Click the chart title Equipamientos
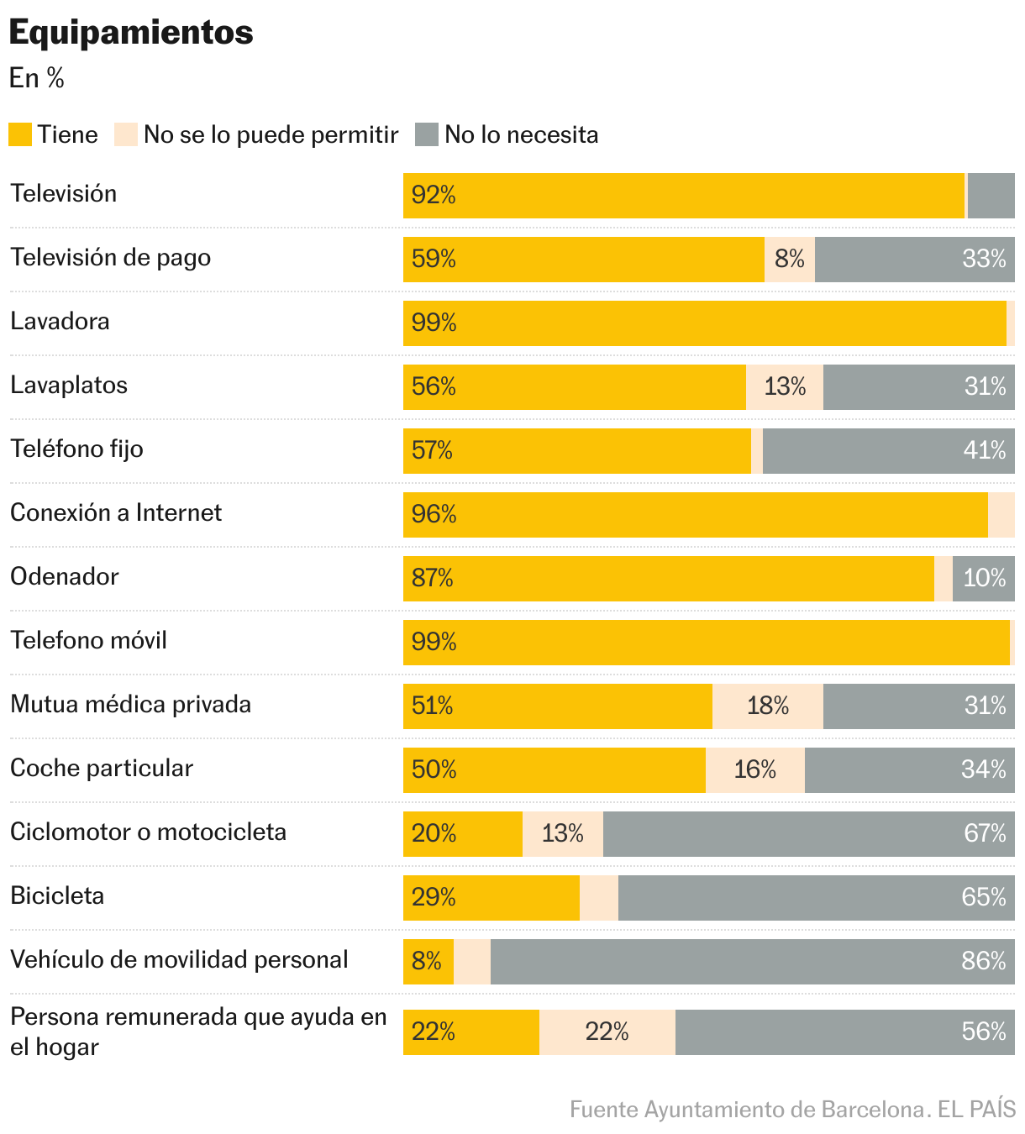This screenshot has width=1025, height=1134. coord(131,33)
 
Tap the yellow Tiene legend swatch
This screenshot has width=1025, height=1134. coord(20,134)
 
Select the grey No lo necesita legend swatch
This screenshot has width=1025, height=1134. coord(427,134)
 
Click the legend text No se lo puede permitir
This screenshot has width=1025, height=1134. coord(271,134)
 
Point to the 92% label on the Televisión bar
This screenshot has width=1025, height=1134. coord(434,196)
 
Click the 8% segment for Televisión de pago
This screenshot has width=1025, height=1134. coord(790,260)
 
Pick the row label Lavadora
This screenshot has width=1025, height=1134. coord(60,322)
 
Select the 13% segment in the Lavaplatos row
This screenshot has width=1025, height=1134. coord(785,387)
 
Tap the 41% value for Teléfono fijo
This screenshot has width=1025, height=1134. coord(984,451)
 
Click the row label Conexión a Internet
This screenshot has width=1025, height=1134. coord(116,513)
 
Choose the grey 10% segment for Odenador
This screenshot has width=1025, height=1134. coord(984,579)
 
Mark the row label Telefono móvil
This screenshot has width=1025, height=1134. coord(88,641)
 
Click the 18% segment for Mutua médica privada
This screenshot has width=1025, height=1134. coord(768,706)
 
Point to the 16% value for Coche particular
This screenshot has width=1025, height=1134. coord(754,770)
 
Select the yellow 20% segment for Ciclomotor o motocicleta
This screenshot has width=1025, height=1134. coord(463,834)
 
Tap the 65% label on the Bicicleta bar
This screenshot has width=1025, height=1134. coord(984,898)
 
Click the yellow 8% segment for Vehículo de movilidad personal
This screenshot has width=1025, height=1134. coord(428,962)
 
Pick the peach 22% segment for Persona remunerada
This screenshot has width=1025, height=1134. coord(607,1032)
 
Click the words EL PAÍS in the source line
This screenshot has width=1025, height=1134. coord(976,1110)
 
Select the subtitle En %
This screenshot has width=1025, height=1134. coord(37,78)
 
